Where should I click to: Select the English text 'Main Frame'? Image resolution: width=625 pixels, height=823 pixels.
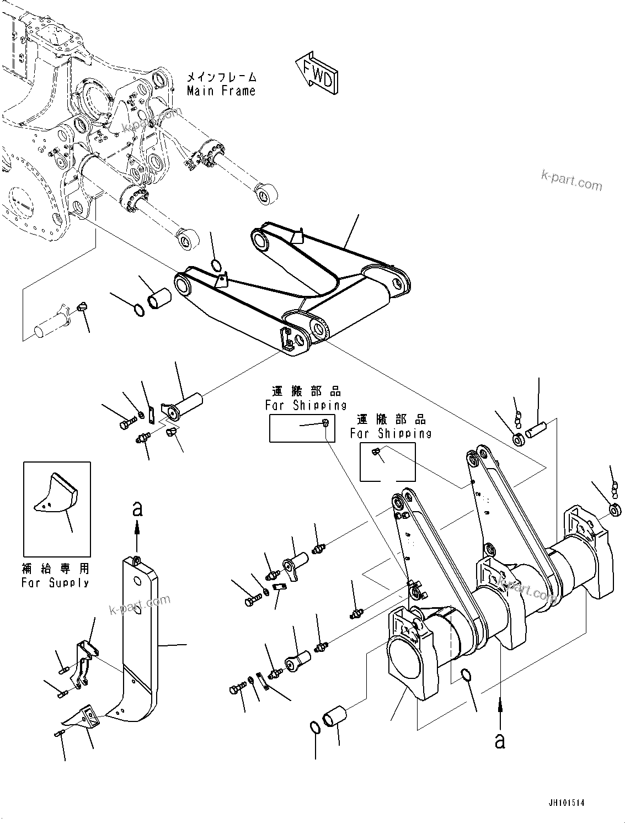[221, 91]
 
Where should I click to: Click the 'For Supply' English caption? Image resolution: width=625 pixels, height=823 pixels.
[55, 582]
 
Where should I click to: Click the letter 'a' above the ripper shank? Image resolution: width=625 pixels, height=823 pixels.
[137, 508]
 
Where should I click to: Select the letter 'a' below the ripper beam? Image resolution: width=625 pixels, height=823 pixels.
[500, 740]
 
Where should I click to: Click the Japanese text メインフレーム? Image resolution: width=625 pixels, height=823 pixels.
[222, 77]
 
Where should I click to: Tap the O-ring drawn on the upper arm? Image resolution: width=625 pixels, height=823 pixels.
[216, 266]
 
